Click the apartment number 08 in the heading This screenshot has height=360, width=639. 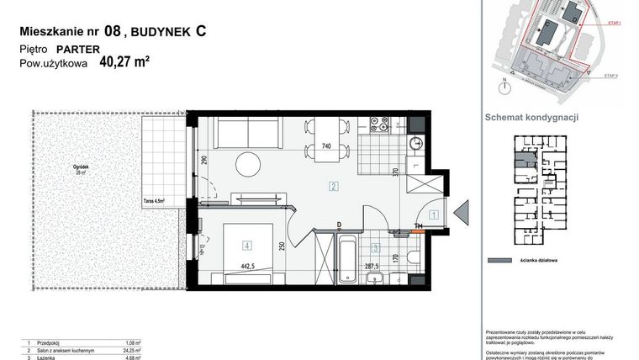click(111, 32)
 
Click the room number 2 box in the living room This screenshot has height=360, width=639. click(334, 186)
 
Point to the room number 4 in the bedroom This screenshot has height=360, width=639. click(246, 246)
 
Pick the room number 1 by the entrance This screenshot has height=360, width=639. click(433, 214)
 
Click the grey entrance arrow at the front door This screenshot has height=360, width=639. click(462, 214)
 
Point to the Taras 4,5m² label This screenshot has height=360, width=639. click(152, 200)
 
